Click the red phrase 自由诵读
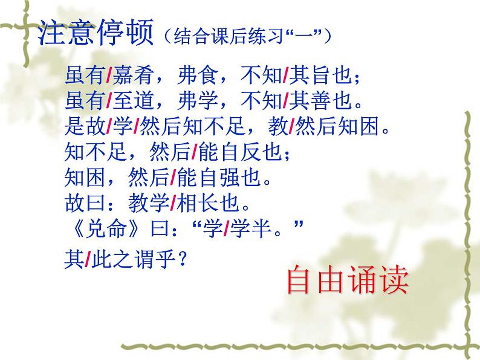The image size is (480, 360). [x=348, y=279]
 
